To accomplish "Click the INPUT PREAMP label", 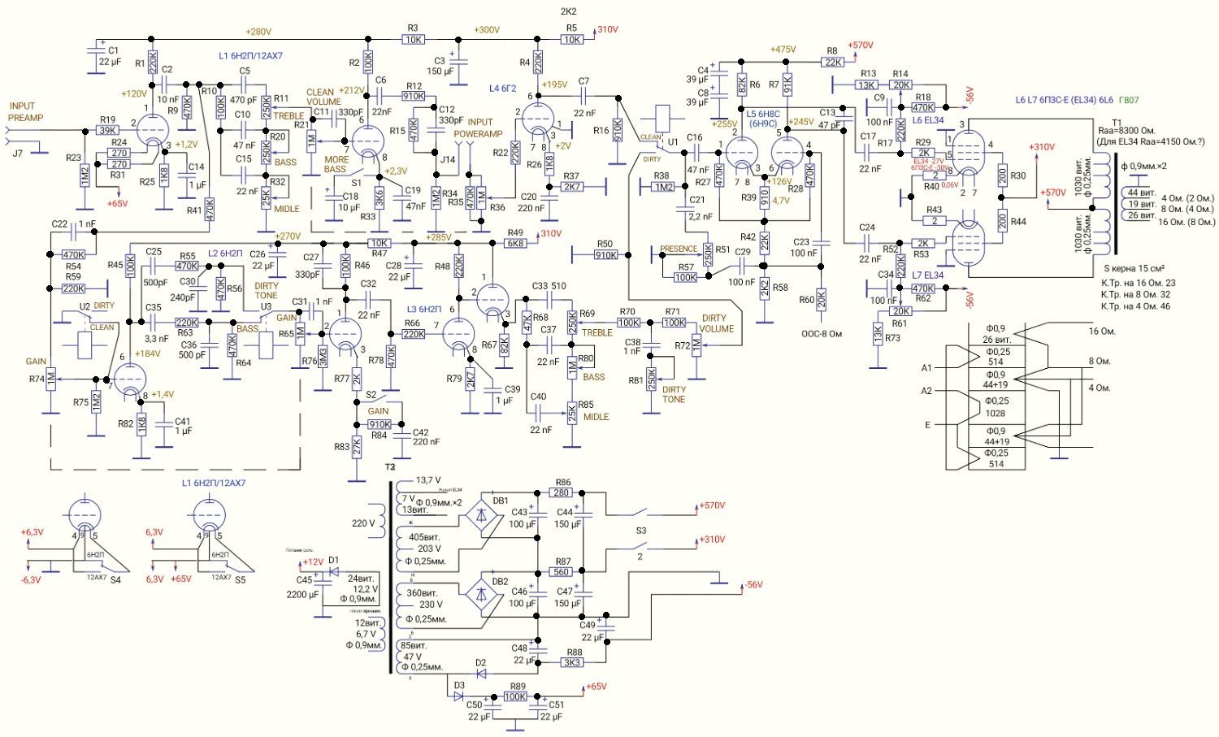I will click(x=26, y=112).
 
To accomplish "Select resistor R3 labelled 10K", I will click(x=414, y=39).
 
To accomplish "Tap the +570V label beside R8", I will click(x=860, y=46).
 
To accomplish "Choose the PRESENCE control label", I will click(x=679, y=249).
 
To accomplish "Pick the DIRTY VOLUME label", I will click(x=717, y=323).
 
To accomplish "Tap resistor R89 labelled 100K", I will click(x=514, y=696).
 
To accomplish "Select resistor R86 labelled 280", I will click(x=561, y=492).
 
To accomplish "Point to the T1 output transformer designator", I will click(x=1116, y=123).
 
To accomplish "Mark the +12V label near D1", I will click(x=313, y=562).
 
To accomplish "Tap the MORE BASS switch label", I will click(x=336, y=165).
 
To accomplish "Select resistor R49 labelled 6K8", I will click(x=515, y=243).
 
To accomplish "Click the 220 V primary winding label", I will click(x=364, y=523).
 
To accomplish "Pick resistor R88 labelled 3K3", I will click(x=572, y=661).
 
